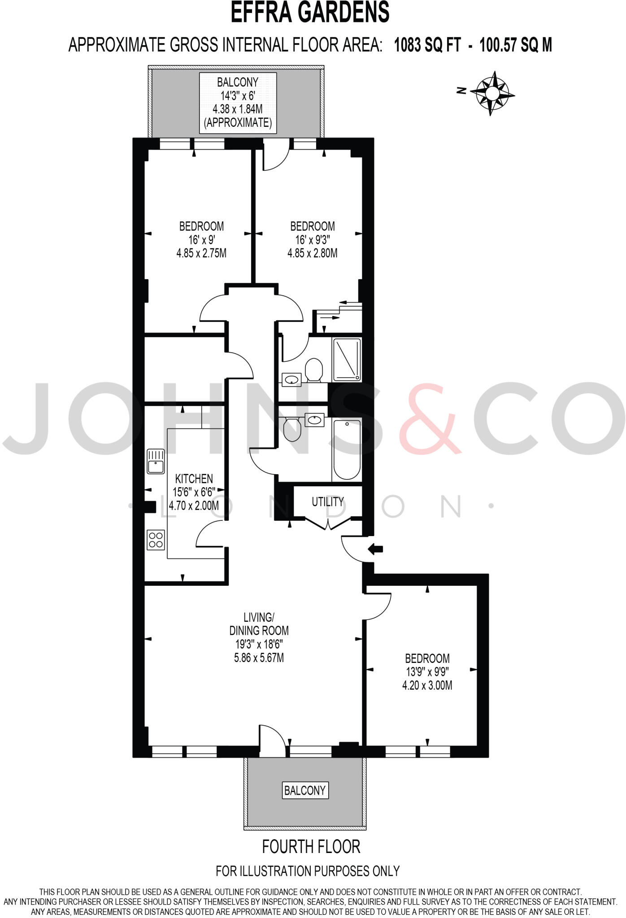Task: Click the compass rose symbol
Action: tap(492, 93)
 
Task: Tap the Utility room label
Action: tap(328, 502)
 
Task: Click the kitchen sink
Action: tap(156, 462)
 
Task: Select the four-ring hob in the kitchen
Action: tap(156, 540)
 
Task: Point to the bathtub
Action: tap(347, 450)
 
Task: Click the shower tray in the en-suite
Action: tap(347, 359)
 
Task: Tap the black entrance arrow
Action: tap(375, 549)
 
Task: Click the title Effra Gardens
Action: tap(310, 13)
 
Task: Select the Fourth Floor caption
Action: tap(311, 846)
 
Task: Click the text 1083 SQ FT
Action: tap(427, 45)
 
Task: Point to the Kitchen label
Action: tap(194, 478)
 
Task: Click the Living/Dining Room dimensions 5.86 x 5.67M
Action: tap(259, 658)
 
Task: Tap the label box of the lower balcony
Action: tap(305, 790)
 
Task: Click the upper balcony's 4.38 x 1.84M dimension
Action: tap(238, 109)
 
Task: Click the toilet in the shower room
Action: tap(314, 369)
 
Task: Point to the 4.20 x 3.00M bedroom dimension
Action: tap(427, 685)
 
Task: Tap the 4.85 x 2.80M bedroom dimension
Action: tap(312, 253)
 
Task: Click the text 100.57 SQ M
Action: tap(516, 45)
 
